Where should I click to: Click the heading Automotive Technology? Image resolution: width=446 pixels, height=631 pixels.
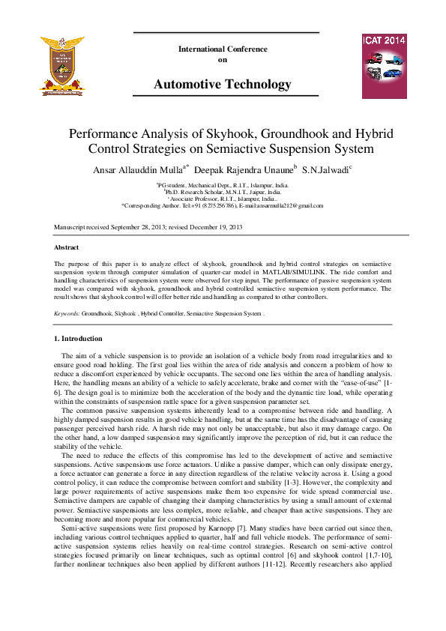pyautogui.click(x=222, y=85)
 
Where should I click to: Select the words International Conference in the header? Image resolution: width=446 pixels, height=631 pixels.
pyautogui.click(x=223, y=49)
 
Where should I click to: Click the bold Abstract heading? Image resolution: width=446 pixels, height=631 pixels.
pyautogui.click(x=66, y=247)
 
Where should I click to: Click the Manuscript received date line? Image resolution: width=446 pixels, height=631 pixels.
pyautogui.click(x=148, y=226)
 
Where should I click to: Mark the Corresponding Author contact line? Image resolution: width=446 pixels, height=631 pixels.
pyautogui.click(x=222, y=205)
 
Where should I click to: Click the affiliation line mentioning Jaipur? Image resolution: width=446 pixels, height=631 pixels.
pyautogui.click(x=222, y=192)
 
